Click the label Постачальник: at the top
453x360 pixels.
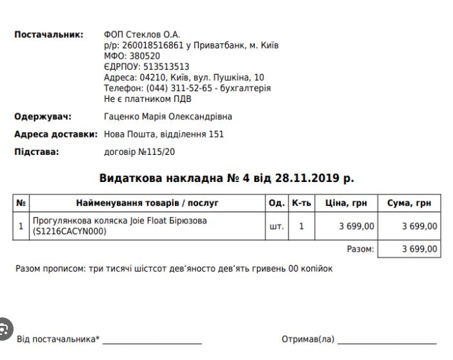point(49,34)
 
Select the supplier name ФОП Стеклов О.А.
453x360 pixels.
point(142,34)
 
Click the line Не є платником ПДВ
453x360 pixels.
point(147,99)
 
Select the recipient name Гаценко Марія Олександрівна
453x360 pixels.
point(168,117)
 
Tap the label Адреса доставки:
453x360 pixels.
point(55,134)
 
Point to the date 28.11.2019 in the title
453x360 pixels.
point(308,179)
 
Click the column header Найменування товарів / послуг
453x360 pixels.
point(147,203)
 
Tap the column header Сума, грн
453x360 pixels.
point(409,203)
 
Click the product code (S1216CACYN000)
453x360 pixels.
point(70,232)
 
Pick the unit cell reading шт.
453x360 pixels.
point(276,226)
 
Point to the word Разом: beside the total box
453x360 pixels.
point(360,249)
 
